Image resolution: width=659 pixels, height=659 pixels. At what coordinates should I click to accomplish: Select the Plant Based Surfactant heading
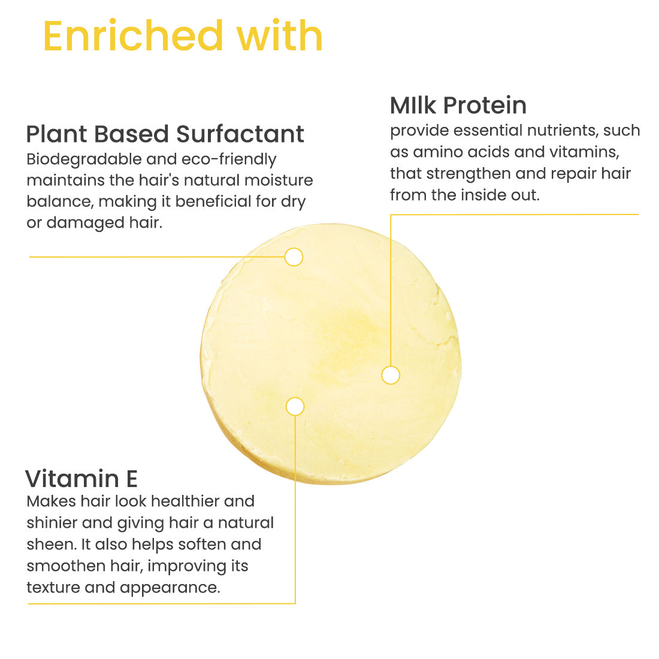pyautogui.click(x=165, y=134)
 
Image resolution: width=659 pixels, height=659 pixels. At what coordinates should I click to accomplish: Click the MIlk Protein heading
pyautogui.click(x=458, y=105)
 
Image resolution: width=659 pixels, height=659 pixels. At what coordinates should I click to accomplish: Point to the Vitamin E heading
pyautogui.click(x=81, y=479)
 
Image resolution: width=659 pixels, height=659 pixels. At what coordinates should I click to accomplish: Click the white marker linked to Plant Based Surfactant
pyautogui.click(x=294, y=257)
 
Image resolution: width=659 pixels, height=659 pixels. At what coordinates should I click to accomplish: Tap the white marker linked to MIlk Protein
pyautogui.click(x=391, y=375)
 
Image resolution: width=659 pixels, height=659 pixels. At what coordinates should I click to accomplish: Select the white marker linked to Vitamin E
pyautogui.click(x=295, y=406)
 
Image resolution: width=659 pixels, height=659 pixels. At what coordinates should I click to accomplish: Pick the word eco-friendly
pyautogui.click(x=229, y=160)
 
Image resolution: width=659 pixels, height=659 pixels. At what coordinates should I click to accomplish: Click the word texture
pyautogui.click(x=53, y=588)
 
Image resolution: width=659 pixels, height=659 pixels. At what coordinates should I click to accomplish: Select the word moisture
pyautogui.click(x=279, y=180)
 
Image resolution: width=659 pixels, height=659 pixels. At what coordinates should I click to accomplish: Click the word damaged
pyautogui.click(x=85, y=223)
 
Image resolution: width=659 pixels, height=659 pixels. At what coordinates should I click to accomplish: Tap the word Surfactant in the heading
pyautogui.click(x=240, y=134)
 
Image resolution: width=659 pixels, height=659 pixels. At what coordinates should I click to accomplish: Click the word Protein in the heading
pyautogui.click(x=485, y=105)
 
